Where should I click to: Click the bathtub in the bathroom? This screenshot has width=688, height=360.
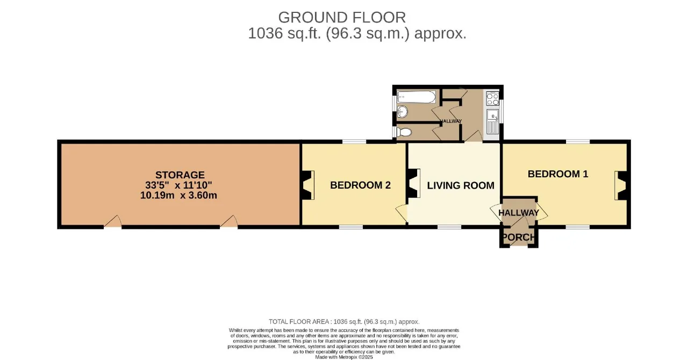click(416, 97)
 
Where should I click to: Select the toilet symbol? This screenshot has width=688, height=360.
click(404, 132)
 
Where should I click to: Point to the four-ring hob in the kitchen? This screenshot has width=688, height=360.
click(492, 99)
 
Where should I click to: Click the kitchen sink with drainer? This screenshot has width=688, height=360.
click(493, 121)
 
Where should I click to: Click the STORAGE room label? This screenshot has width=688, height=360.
click(180, 175)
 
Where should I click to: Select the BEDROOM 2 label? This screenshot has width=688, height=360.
click(360, 185)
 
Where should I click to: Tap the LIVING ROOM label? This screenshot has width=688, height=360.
click(461, 185)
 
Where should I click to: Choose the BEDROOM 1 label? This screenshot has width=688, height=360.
click(558, 174)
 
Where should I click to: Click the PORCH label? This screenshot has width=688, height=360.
click(519, 237)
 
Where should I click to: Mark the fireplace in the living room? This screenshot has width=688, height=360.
click(414, 183)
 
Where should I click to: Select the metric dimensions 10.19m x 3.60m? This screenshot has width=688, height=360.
click(178, 195)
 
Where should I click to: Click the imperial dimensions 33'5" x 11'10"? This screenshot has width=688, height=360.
click(178, 185)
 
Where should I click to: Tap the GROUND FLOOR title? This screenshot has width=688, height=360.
click(342, 17)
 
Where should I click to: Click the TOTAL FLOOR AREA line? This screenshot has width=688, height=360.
click(344, 322)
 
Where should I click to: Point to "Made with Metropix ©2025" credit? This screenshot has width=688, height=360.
click(344, 357)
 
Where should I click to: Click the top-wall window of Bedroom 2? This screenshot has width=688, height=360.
click(354, 142)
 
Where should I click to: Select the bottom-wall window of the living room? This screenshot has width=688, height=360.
click(449, 227)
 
